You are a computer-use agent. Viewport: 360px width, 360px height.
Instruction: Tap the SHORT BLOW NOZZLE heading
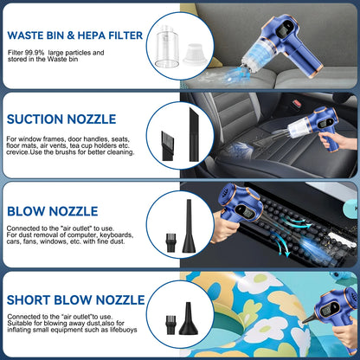pos(74,299)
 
